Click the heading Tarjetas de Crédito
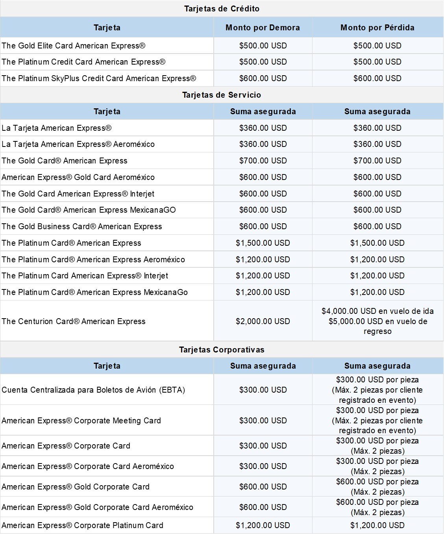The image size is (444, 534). (x=222, y=9)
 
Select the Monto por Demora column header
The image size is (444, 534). (x=263, y=28)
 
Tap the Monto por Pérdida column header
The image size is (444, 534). (x=377, y=28)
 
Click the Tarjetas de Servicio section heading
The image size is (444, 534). (x=222, y=95)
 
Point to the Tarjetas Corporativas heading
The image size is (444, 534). (x=222, y=350)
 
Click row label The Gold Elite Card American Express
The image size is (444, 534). (x=74, y=46)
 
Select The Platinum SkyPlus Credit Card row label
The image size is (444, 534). (x=99, y=78)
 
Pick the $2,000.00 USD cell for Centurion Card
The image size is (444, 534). (x=263, y=321)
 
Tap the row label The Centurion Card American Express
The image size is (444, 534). (x=74, y=321)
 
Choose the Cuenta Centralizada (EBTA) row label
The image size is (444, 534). (x=93, y=390)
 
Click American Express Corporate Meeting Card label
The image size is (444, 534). (x=81, y=421)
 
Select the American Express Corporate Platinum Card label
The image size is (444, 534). (x=82, y=525)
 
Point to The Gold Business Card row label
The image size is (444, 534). (x=82, y=226)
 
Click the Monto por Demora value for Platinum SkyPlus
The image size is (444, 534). (x=263, y=78)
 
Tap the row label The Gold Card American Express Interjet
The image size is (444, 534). (x=78, y=194)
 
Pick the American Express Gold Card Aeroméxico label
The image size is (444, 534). (x=78, y=177)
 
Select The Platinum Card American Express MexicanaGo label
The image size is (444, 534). (x=94, y=292)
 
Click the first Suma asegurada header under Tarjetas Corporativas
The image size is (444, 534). (x=263, y=366)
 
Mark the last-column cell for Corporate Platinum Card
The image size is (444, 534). (x=377, y=525)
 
